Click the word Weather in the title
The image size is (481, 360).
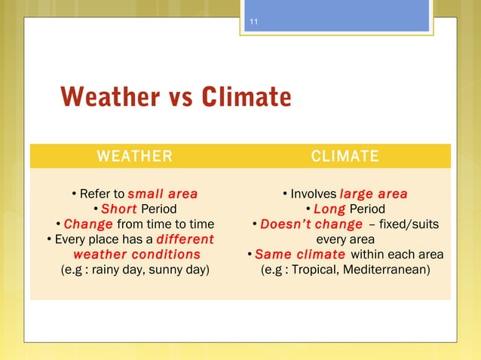107,97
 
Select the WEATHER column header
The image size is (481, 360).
134,156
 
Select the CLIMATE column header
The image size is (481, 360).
345,156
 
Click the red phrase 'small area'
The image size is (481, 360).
163,194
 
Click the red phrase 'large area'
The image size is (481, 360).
373,194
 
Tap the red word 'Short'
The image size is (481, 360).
118,209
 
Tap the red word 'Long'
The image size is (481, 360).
329,209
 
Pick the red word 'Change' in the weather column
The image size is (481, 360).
88,224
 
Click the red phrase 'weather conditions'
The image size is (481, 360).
136,254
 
